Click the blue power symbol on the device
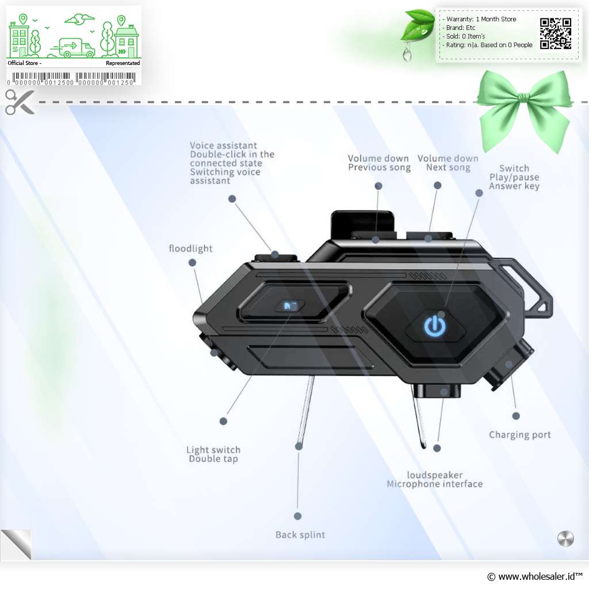pyautogui.click(x=435, y=326)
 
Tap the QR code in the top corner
pyautogui.click(x=556, y=33)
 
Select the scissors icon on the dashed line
pyautogui.click(x=20, y=102)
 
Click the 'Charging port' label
pyautogui.click(x=519, y=435)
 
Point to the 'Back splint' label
pyautogui.click(x=300, y=534)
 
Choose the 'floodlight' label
pyautogui.click(x=190, y=248)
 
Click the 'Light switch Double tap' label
pyautogui.click(x=213, y=454)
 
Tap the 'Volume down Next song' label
pyautogui.click(x=448, y=163)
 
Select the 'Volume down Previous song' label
pyautogui.click(x=379, y=163)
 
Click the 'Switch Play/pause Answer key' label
pyautogui.click(x=514, y=177)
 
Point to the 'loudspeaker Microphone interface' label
pyautogui.click(x=435, y=479)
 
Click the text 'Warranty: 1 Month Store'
pyautogui.click(x=481, y=19)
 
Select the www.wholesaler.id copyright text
pyautogui.click(x=534, y=576)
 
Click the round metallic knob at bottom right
pyautogui.click(x=565, y=538)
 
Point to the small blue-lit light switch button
pyautogui.click(x=290, y=306)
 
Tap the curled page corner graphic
pyautogui.click(x=16, y=545)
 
